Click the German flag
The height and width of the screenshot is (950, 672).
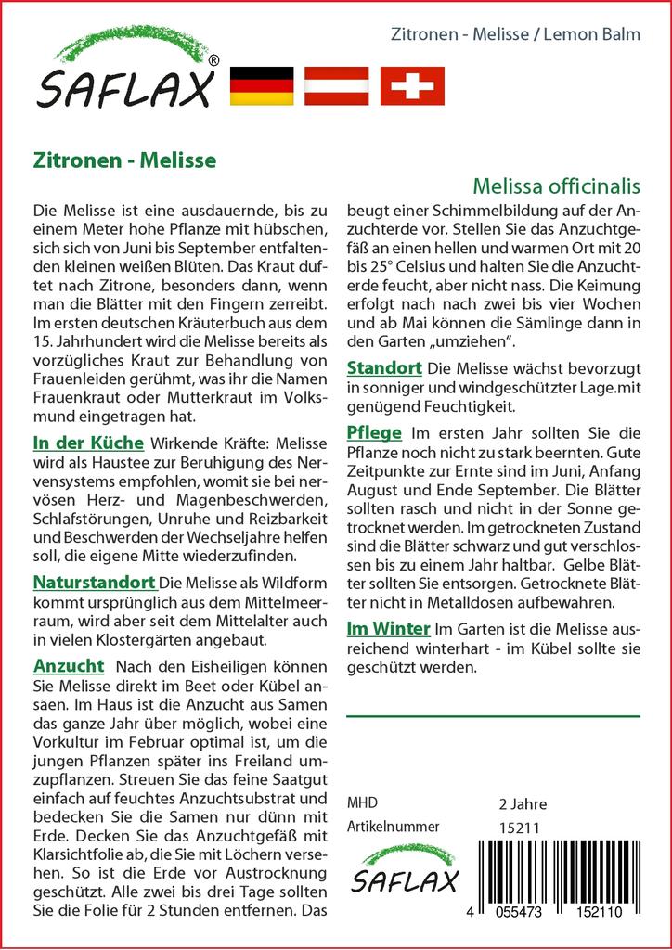(x=261, y=85)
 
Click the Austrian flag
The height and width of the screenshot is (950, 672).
(x=337, y=85)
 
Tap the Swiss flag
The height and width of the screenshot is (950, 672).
(x=412, y=85)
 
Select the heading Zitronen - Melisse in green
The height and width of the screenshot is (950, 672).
(x=124, y=160)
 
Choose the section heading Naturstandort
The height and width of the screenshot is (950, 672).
(x=94, y=583)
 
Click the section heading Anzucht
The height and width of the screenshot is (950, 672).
(x=69, y=667)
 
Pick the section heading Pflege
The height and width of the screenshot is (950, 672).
(x=373, y=432)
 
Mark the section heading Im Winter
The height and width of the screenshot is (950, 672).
(x=388, y=628)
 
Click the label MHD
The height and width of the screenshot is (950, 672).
(x=362, y=802)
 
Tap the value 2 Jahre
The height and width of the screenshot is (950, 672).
(x=523, y=803)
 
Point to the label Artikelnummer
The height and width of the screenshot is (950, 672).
(x=393, y=827)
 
